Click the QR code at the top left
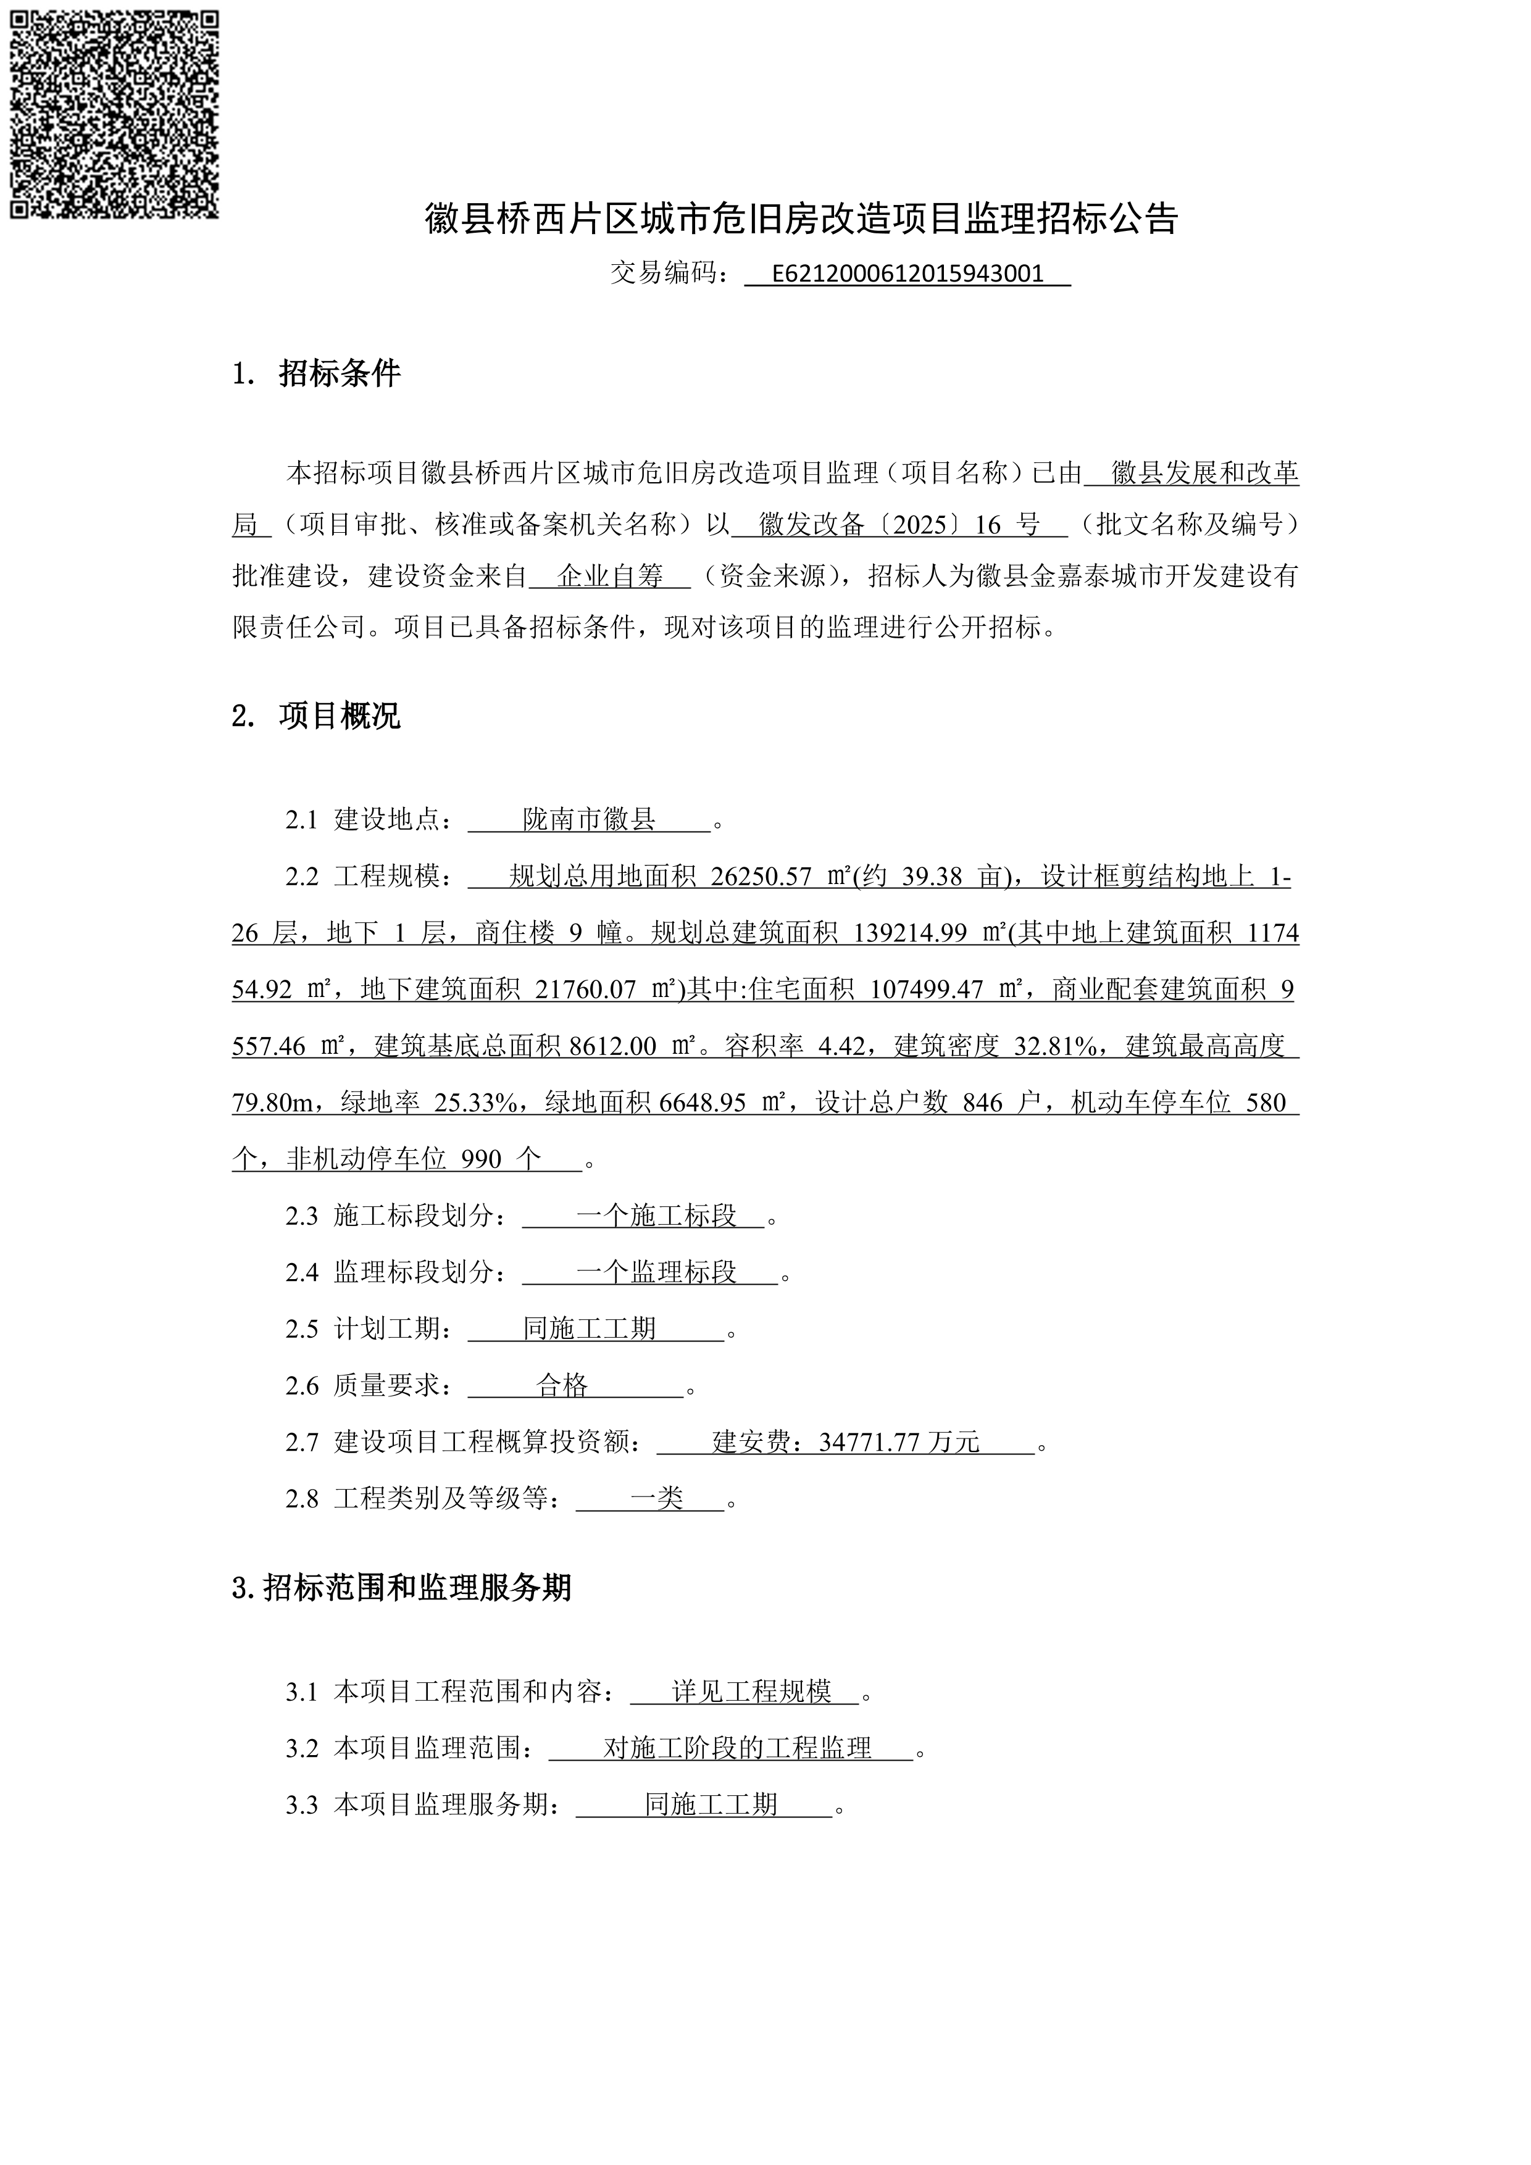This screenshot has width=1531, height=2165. [114, 114]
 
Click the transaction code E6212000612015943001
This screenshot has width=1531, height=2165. [907, 274]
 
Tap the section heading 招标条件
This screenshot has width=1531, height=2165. [340, 373]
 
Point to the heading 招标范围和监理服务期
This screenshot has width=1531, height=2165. [417, 1588]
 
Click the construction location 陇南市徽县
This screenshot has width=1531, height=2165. [589, 819]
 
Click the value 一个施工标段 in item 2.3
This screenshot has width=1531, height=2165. [656, 1216]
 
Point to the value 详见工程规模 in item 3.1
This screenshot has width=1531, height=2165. [751, 1693]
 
